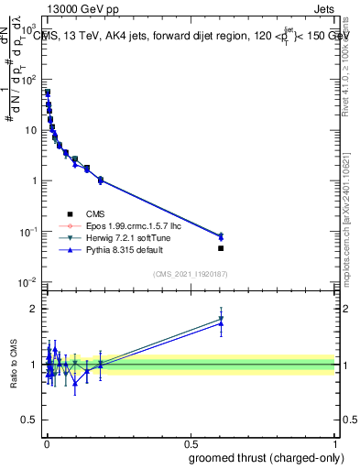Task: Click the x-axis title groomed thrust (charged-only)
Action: (259, 458)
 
